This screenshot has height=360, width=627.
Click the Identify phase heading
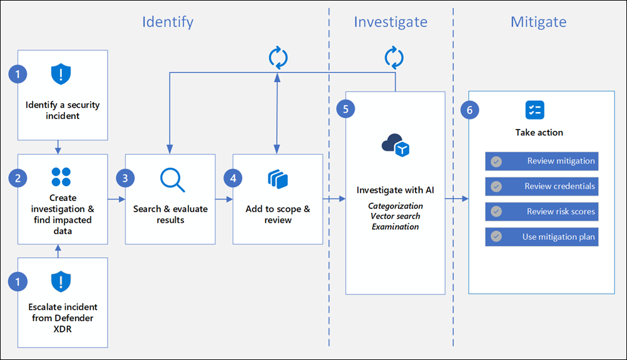(168, 22)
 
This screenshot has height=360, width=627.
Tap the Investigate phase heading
(390, 22)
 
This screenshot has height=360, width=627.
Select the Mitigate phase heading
(538, 22)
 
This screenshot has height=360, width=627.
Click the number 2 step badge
(18, 178)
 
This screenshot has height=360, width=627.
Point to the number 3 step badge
(125, 178)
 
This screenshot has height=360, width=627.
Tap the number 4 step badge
(233, 178)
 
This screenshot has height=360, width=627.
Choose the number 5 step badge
(345, 108)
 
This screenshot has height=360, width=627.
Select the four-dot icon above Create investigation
(61, 177)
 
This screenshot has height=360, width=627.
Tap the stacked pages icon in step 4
(277, 179)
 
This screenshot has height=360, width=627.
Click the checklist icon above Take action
(534, 110)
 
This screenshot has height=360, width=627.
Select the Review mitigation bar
(541, 161)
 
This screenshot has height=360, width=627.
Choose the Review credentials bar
(541, 186)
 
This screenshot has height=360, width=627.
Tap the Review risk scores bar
(541, 212)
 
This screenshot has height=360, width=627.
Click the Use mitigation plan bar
(541, 237)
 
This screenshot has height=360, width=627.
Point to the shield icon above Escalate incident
(61, 282)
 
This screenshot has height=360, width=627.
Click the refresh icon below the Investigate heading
(394, 58)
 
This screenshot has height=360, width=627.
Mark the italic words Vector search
(395, 216)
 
